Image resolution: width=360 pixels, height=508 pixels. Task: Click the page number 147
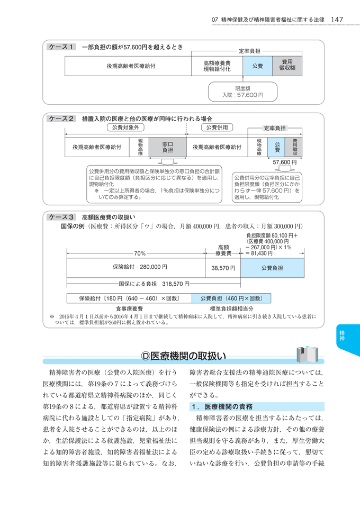coord(337,20)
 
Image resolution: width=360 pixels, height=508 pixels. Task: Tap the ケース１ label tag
coord(61,47)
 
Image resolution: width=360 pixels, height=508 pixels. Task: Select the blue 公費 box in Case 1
coord(257,66)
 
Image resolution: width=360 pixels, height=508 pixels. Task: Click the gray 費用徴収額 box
coord(287,66)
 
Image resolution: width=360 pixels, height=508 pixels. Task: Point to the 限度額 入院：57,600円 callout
coord(242,92)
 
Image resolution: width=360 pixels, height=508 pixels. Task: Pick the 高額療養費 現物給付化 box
coord(217,66)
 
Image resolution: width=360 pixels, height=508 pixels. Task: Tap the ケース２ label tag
coord(61,119)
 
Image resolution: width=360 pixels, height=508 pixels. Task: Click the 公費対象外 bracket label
coord(125,128)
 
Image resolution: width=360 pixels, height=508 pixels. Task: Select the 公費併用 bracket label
coord(216,128)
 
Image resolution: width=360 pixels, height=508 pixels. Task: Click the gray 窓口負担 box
coord(167,147)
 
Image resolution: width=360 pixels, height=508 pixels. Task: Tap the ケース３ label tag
coord(61,217)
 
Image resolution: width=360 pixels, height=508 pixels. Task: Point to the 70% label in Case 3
coord(140,253)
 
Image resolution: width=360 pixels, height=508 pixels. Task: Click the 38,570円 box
coord(223,268)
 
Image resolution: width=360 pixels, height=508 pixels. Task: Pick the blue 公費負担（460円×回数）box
coord(231,298)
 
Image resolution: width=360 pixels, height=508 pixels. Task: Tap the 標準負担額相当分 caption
coord(231,308)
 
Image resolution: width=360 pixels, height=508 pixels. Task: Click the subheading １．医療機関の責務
coord(222,406)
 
